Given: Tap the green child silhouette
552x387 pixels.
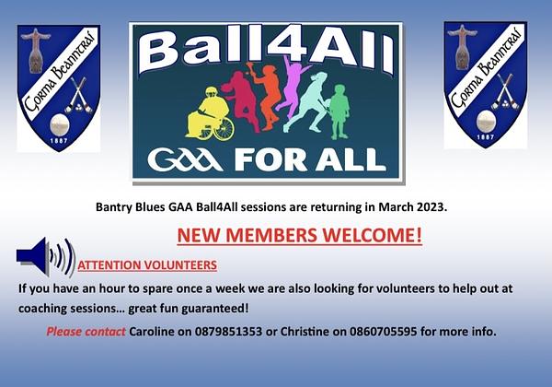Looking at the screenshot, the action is (339, 111).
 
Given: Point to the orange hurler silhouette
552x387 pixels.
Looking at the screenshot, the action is (267, 95).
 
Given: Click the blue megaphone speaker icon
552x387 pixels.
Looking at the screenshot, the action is (46, 256).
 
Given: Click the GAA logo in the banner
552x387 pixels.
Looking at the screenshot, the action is (185, 160).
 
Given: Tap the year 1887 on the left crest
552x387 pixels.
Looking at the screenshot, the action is (59, 141).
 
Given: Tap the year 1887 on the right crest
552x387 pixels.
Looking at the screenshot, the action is (485, 136).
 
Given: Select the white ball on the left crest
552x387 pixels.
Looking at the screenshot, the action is (60, 124).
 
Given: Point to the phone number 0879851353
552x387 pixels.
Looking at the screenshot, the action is (228, 332).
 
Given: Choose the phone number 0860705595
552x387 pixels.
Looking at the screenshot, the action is (384, 332).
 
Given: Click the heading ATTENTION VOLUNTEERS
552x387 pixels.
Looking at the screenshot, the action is (147, 265).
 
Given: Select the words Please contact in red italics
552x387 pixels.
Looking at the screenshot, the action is (86, 332).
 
